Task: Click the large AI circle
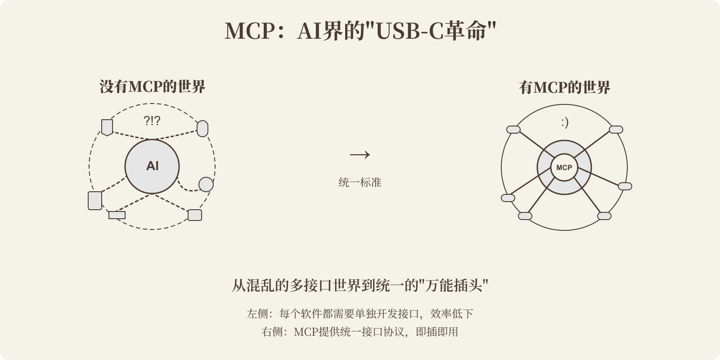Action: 152,166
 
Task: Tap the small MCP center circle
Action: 564,168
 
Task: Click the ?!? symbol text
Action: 152,121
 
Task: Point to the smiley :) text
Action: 564,122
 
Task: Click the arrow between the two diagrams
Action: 360,155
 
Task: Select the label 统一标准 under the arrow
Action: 360,182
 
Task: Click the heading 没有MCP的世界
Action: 152,86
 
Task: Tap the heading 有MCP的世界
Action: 564,87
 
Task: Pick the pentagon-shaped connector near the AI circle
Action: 107,127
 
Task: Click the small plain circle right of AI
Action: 206,184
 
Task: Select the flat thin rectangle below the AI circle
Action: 117,215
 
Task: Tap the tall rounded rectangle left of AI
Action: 95,200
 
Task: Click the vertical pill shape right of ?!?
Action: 202,129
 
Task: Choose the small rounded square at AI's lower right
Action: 195,215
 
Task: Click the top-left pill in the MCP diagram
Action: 513,130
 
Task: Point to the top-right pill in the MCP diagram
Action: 616,130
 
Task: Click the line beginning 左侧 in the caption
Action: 360,314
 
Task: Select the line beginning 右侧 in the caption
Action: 360,332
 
